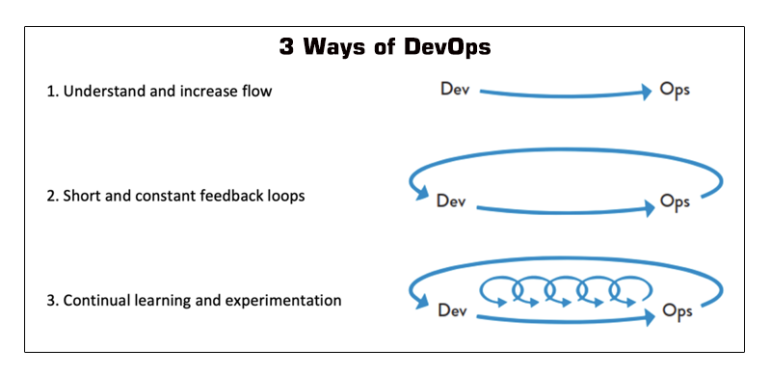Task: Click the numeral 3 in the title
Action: point(286,47)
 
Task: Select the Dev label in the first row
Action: point(455,90)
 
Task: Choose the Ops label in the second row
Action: point(675,201)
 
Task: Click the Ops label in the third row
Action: point(677,311)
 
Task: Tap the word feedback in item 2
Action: point(226,197)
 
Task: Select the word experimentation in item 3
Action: point(284,302)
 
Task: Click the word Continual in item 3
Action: point(95,301)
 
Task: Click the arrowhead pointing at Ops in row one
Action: point(647,93)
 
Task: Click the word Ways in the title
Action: point(345,47)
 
